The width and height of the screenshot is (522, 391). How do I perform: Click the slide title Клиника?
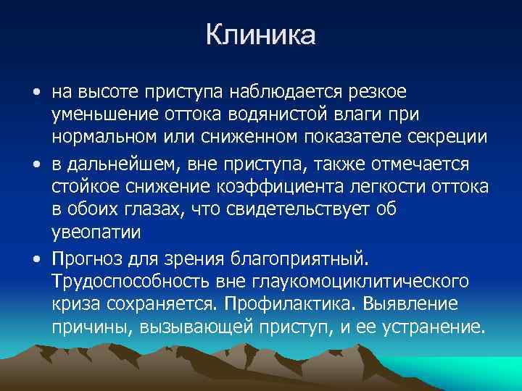(260, 35)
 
